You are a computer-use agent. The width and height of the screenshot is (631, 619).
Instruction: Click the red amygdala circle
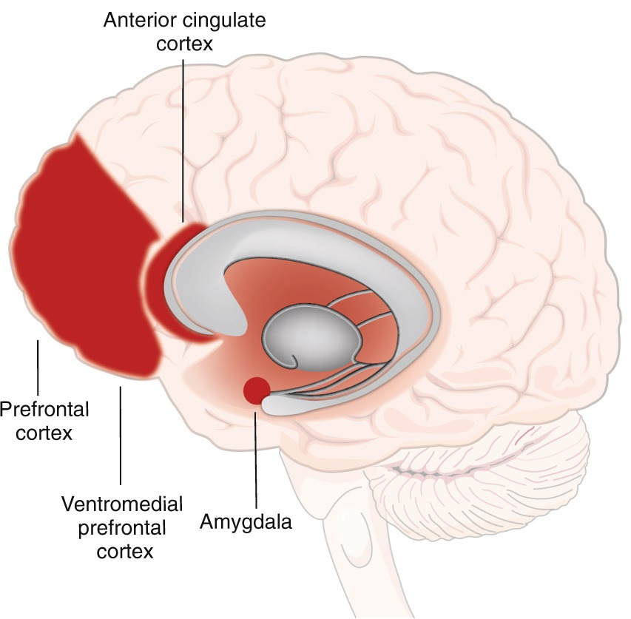coord(257,390)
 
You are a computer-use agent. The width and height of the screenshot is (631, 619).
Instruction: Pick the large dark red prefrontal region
coord(81,259)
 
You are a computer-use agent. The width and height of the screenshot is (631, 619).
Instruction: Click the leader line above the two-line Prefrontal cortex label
coord(38,366)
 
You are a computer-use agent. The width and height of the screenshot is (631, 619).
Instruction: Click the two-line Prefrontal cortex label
coord(44,420)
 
